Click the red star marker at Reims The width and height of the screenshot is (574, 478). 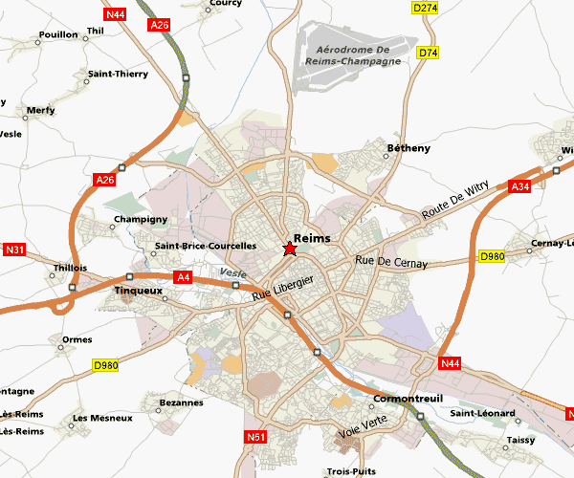[290, 250]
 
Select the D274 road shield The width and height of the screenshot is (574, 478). [425, 8]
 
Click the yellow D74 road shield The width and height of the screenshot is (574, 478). [428, 53]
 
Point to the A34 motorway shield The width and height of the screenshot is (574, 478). [520, 185]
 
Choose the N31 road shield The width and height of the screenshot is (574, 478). [14, 250]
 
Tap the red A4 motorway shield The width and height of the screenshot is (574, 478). [184, 277]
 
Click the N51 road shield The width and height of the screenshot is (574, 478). [254, 437]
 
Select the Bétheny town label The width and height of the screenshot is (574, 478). [408, 148]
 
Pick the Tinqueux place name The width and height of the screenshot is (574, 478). [138, 290]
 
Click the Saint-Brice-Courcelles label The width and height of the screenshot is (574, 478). [205, 246]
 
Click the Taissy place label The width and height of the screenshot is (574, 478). [520, 442]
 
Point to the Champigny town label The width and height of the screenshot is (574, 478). [141, 219]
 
